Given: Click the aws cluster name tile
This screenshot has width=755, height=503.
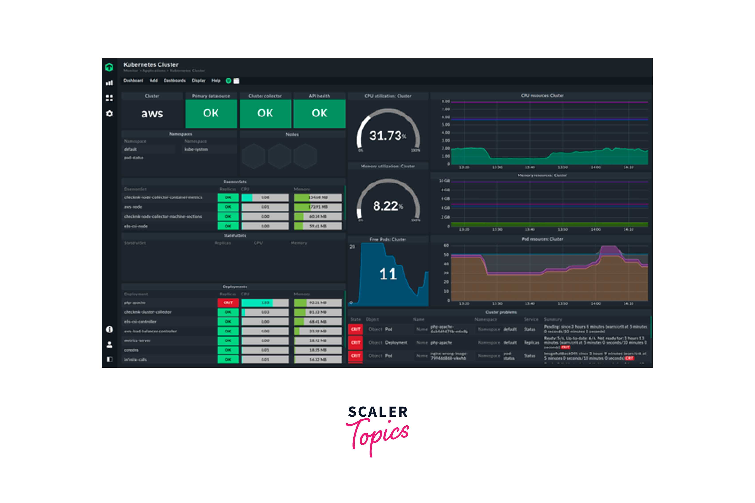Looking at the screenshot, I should point(152,114).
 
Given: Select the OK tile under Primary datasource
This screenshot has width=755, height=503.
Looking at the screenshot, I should point(211,113).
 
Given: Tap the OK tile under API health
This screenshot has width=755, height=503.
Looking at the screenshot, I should point(319,113).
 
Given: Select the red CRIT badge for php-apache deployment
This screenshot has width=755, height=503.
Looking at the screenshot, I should point(228,303).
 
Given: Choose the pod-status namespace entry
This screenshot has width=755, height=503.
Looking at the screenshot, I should point(134,157).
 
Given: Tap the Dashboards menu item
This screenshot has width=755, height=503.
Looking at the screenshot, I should point(174,81).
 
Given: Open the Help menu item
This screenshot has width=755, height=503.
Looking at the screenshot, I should point(216,81).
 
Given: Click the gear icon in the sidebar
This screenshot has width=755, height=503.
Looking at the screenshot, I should point(109,114).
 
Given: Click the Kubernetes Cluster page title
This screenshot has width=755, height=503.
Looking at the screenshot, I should point(151,65).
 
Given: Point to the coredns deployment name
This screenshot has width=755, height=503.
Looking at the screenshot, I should point(131,350).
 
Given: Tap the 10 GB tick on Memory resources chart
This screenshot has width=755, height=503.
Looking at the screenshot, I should point(445,181).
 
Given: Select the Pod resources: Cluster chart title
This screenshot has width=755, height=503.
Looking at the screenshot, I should point(542,239).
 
